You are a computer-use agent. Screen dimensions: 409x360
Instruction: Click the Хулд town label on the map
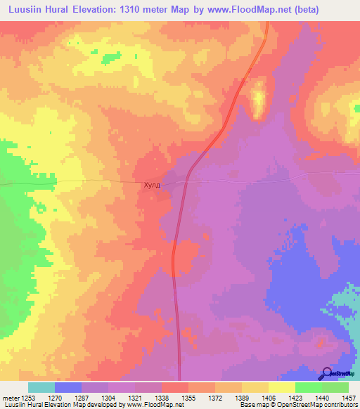[x=152, y=186]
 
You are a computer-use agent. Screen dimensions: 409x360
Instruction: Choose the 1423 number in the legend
[x=296, y=397]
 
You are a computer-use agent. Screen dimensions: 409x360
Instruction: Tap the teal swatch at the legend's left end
[x=41, y=387]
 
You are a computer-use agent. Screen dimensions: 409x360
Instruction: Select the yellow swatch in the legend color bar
[x=281, y=387]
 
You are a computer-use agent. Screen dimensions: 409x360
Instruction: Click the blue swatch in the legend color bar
[x=68, y=387]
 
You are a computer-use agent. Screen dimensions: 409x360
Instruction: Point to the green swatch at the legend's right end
[x=335, y=387]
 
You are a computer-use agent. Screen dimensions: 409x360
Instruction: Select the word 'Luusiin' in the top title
[x=27, y=10]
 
